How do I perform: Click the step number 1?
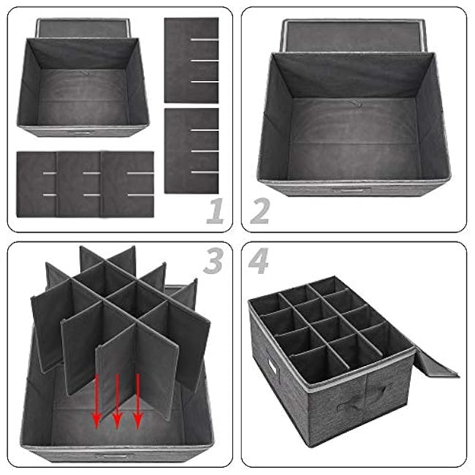(216, 211)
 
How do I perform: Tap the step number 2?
(260, 211)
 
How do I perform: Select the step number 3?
(213, 261)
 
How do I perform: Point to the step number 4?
(259, 261)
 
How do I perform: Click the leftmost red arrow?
(96, 401)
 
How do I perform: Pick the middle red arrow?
(117, 401)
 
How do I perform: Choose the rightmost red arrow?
(138, 401)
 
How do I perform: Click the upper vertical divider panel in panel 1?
(191, 60)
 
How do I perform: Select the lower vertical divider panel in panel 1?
(191, 151)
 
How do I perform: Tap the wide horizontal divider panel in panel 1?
(85, 184)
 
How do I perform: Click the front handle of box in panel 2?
(351, 190)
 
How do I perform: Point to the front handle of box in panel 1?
(83, 133)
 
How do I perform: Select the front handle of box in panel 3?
(114, 457)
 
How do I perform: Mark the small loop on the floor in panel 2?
(357, 104)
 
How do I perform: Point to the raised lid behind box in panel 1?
(83, 28)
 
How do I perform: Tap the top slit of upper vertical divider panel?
(205, 39)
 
